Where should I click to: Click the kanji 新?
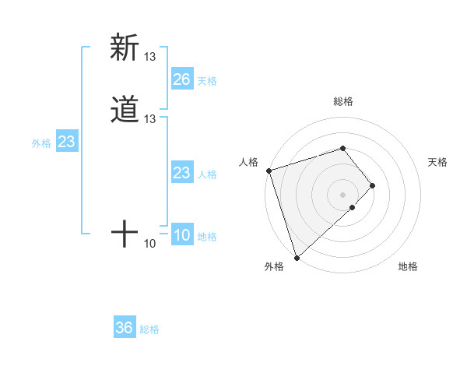point(125,48)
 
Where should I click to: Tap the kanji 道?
point(125,109)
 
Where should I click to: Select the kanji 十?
point(125,234)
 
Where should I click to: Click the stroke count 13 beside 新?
point(150,56)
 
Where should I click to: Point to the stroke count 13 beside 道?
point(150,118)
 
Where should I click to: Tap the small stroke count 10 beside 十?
point(150,244)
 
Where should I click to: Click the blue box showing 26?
point(181,79)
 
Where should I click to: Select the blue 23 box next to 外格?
point(66,143)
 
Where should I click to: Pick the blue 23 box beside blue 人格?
point(181,173)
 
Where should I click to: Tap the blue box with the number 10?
point(181,236)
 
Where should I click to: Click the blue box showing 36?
point(124,328)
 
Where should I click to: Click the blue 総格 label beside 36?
point(149,329)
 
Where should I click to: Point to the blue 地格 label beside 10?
point(207,237)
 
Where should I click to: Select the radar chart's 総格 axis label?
point(343,101)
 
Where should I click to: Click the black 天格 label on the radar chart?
point(437,162)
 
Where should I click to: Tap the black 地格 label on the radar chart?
point(408,266)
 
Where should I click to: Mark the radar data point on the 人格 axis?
point(269,170)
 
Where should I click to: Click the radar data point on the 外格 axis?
point(297,256)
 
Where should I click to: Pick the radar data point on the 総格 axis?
point(343,148)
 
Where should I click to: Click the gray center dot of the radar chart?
point(343,194)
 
